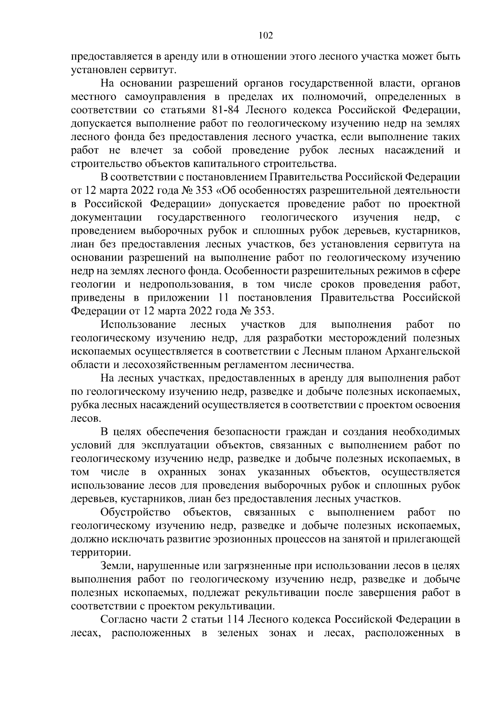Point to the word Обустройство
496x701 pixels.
[x=136, y=512]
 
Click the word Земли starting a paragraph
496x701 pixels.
[x=116, y=566]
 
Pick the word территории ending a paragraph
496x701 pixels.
[x=101, y=552]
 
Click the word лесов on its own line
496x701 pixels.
[x=86, y=418]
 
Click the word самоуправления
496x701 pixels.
[x=165, y=97]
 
